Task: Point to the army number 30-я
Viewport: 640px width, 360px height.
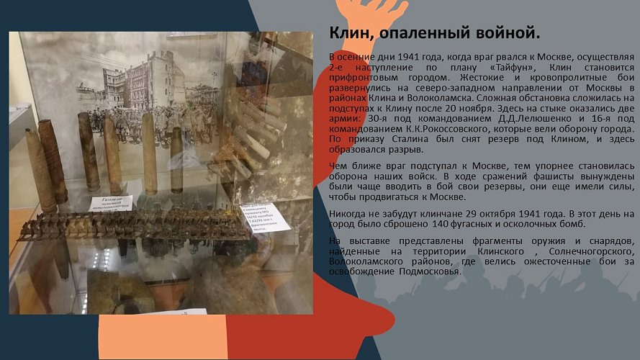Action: pos(377,117)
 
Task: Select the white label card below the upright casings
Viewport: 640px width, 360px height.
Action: pos(110,203)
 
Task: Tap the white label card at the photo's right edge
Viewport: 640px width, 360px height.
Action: pos(267,217)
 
